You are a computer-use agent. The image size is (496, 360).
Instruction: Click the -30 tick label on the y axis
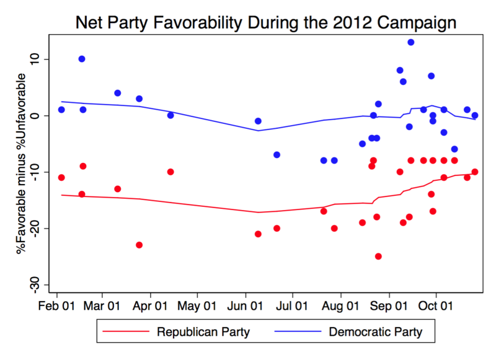(38, 284)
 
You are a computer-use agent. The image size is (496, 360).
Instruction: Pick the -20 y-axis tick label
(38, 228)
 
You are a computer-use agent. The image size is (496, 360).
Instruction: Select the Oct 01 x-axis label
(435, 305)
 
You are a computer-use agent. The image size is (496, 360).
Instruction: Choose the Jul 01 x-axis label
(291, 305)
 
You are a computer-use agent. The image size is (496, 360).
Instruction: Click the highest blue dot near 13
(410, 42)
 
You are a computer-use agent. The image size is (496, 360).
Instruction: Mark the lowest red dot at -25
(378, 257)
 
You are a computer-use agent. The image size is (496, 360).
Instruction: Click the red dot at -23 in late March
(139, 245)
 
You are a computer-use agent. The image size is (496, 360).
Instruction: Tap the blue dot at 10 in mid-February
(82, 59)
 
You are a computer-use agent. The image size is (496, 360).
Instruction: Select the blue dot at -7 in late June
(277, 154)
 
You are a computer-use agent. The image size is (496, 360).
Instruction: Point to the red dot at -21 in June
(258, 234)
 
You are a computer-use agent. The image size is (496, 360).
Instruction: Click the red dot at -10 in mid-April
(170, 172)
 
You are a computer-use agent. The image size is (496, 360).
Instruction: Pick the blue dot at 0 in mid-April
(170, 115)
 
